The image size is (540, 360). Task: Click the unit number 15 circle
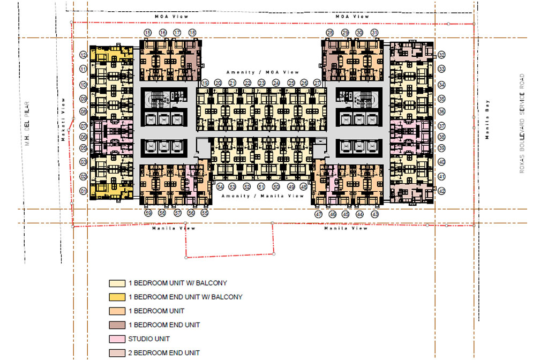pyautogui.click(x=148, y=33)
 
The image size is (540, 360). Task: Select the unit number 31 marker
pyautogui.click(x=374, y=33)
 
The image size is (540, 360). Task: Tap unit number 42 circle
pyautogui.click(x=441, y=191)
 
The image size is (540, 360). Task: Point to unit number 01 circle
pyautogui.click(x=83, y=191)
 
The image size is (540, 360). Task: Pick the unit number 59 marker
pyautogui.click(x=148, y=213)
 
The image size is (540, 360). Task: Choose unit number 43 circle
pyautogui.click(x=374, y=214)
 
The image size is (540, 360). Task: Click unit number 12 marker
pyautogui.click(x=83, y=55)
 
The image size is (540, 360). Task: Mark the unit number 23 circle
pyautogui.click(x=261, y=83)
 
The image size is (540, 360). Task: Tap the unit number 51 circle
pyautogui.click(x=261, y=186)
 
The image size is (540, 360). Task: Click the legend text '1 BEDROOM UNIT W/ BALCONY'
pyautogui.click(x=177, y=283)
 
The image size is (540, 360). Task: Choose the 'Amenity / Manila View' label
pyautogui.click(x=265, y=196)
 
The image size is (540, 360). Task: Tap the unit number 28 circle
pyautogui.click(x=330, y=33)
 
